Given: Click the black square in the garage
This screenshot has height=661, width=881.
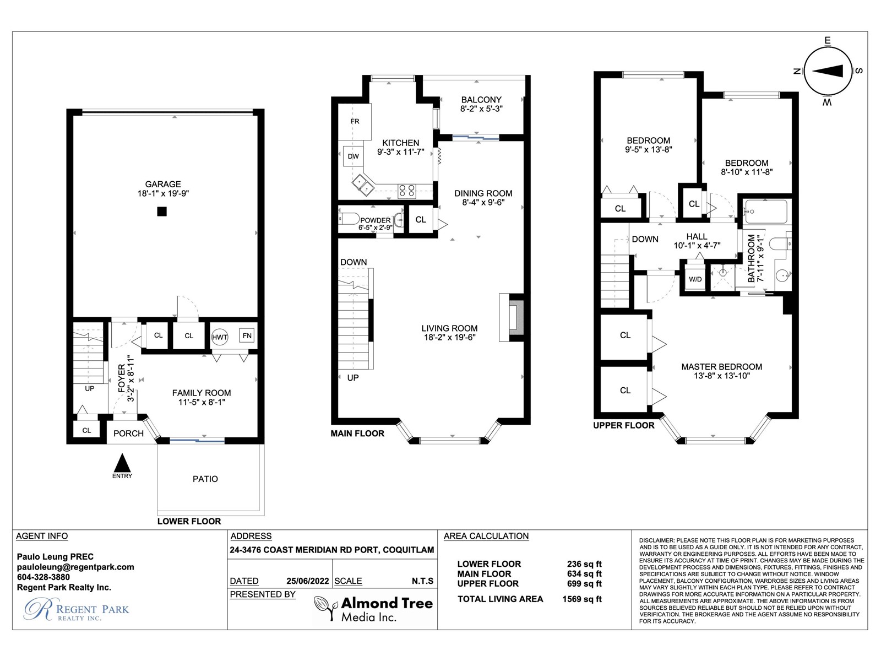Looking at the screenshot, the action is (162, 212).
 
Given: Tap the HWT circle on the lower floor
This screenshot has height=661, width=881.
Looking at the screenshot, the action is (220, 337).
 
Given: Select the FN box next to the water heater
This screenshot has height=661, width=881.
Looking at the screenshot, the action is (247, 335).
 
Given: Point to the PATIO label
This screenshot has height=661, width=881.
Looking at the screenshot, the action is (205, 479).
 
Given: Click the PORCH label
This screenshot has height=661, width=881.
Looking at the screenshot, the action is (128, 434).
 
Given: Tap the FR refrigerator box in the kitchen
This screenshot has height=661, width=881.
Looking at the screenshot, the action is (355, 122).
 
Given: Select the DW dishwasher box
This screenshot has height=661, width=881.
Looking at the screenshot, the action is (353, 156).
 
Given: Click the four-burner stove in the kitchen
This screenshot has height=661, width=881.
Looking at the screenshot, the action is (407, 191).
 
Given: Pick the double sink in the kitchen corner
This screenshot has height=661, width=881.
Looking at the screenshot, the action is (363, 185).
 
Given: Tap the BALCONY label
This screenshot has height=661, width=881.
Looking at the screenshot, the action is (481, 100).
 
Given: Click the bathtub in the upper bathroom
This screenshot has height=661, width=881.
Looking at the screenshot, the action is (765, 212).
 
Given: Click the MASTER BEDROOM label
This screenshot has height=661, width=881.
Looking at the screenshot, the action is (722, 367).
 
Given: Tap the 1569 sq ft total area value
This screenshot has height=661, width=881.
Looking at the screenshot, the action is (582, 599).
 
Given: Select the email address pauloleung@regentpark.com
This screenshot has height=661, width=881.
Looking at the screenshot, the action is (75, 567).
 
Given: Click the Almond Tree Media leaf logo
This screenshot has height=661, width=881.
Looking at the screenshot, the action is (325, 608).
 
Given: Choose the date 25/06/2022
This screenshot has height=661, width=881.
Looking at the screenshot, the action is (307, 581).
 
